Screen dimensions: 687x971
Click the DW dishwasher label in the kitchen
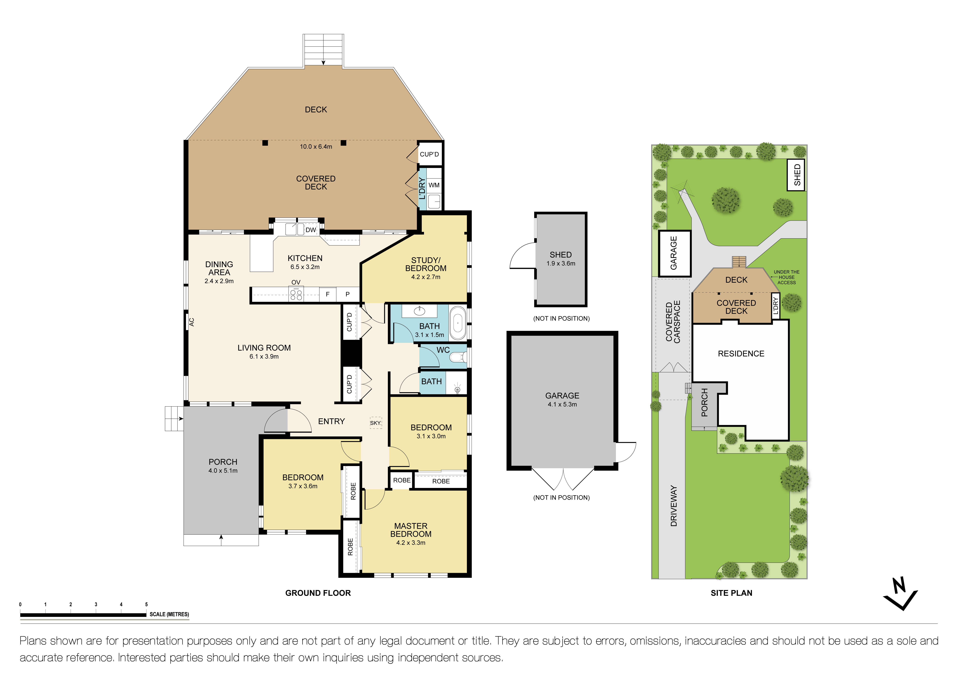click(x=311, y=230)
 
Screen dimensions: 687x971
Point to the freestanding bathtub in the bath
click(x=458, y=324)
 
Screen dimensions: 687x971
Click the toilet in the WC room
click(x=458, y=358)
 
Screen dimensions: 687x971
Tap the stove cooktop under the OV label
click(x=296, y=294)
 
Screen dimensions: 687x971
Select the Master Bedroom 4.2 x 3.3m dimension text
click(x=411, y=543)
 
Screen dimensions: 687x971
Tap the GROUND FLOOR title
click(x=318, y=593)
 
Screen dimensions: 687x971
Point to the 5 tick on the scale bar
click(x=146, y=605)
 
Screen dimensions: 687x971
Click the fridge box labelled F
click(x=327, y=294)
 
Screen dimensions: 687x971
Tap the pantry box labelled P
click(x=348, y=294)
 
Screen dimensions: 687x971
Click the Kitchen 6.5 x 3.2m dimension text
click(x=305, y=267)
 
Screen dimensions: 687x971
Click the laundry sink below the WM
click(x=434, y=201)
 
